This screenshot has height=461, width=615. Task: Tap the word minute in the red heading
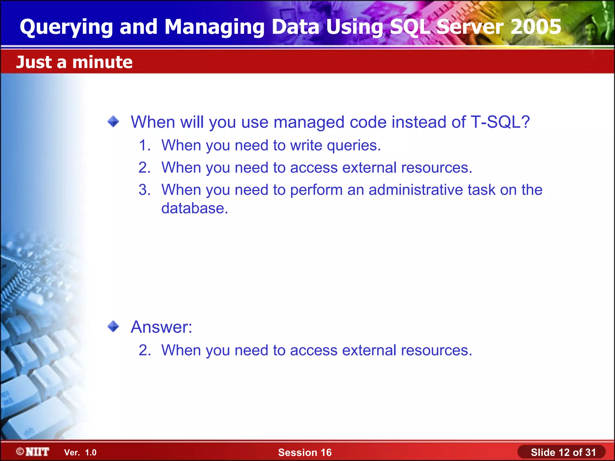tap(102, 62)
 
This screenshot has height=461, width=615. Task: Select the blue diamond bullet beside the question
tap(113, 122)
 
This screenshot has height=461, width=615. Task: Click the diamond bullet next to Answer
tap(113, 326)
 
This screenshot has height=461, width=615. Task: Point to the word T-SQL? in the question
tap(500, 122)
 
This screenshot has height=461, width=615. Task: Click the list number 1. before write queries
tap(145, 146)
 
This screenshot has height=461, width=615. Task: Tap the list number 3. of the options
tap(145, 190)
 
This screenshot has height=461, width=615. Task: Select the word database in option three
tap(194, 208)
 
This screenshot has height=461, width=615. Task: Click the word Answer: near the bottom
tap(161, 327)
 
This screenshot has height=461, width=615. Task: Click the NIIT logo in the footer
tap(33, 452)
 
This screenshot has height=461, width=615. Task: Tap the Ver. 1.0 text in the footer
tap(80, 453)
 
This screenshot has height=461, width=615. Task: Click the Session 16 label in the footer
tap(305, 452)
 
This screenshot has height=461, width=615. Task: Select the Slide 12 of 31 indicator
tap(563, 452)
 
